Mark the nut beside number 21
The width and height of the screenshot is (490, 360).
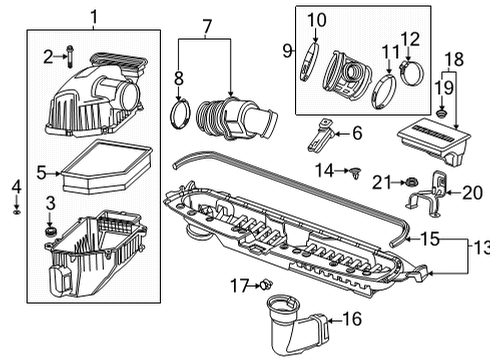pyautogui.click(x=409, y=181)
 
